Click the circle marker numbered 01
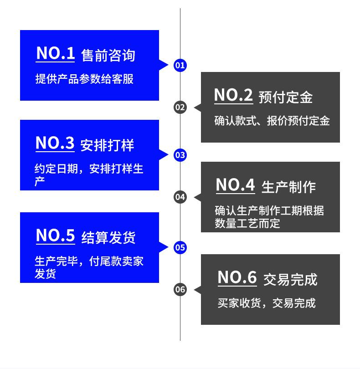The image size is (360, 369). point(180,65)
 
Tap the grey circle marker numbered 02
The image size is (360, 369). point(180,108)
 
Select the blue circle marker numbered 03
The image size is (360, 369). point(180,155)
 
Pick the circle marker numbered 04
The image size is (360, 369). point(180,197)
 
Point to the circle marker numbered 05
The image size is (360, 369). point(180,248)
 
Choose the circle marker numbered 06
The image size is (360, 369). point(180,290)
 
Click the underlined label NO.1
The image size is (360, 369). point(55,54)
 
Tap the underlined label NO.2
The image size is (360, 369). point(233,96)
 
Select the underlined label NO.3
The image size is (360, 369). point(55,144)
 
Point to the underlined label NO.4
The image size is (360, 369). point(235,185)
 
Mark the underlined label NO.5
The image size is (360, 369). point(55,236)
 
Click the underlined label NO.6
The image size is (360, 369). point(237,277)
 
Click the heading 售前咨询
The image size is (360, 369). point(108,56)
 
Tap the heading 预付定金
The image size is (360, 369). point(285,97)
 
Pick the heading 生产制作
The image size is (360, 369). point(288,187)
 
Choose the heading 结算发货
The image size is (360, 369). point(108,238)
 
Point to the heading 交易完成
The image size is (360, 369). point(290,279)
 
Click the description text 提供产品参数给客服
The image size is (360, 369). point(84,79)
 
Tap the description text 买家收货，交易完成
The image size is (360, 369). point(267,303)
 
